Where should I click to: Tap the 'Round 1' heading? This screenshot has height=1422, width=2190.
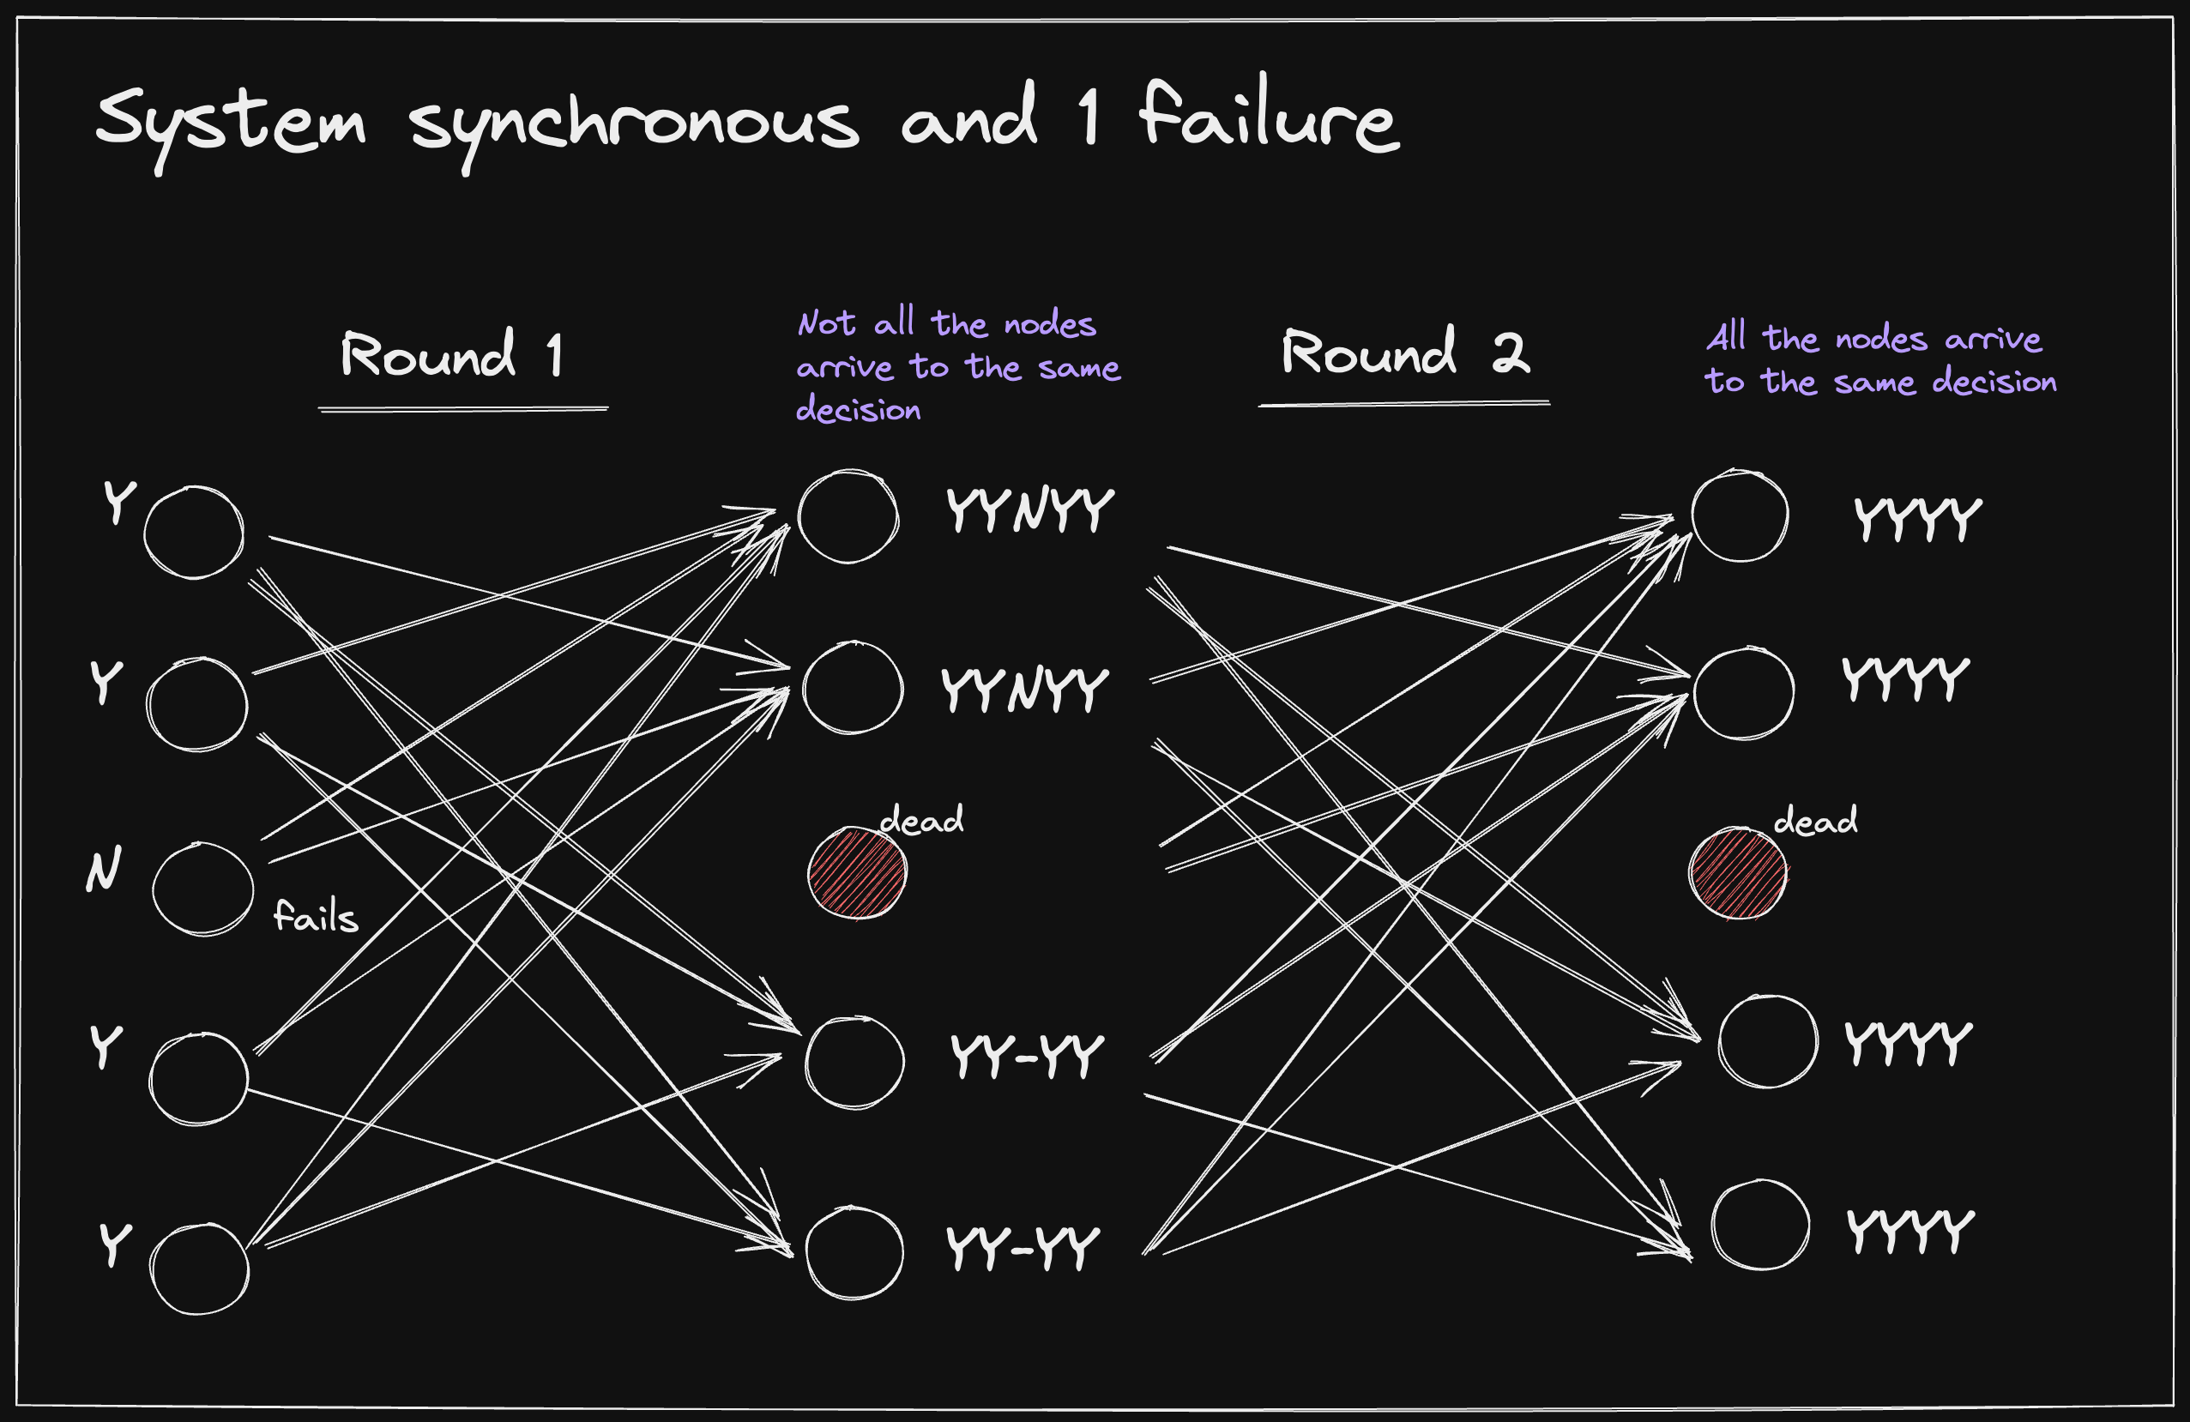click(452, 355)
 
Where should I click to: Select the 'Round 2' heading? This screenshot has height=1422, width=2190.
click(1405, 352)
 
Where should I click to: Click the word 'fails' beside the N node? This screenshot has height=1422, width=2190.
click(316, 917)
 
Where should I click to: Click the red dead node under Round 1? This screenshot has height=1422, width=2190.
click(857, 873)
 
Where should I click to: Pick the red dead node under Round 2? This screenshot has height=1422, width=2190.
click(1738, 873)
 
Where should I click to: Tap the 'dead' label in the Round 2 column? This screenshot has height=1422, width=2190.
click(1814, 821)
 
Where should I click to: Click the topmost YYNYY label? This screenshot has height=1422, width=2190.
click(1029, 510)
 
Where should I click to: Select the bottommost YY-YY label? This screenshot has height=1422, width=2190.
click(1023, 1248)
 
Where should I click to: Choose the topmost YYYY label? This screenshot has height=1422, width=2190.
click(1917, 519)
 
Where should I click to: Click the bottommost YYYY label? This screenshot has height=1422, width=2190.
click(1911, 1231)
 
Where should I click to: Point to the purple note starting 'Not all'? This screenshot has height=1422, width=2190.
click(957, 366)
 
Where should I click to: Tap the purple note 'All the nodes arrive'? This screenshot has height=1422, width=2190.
click(1880, 359)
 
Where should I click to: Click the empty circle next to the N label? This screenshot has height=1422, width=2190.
click(202, 889)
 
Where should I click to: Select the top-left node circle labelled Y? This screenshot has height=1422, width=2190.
click(194, 533)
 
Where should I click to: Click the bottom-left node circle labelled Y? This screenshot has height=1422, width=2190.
click(200, 1268)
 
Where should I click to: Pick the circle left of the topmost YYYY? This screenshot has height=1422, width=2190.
click(1739, 516)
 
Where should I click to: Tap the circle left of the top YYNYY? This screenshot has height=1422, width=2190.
click(848, 516)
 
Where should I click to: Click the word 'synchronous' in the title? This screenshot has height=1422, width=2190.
click(634, 123)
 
